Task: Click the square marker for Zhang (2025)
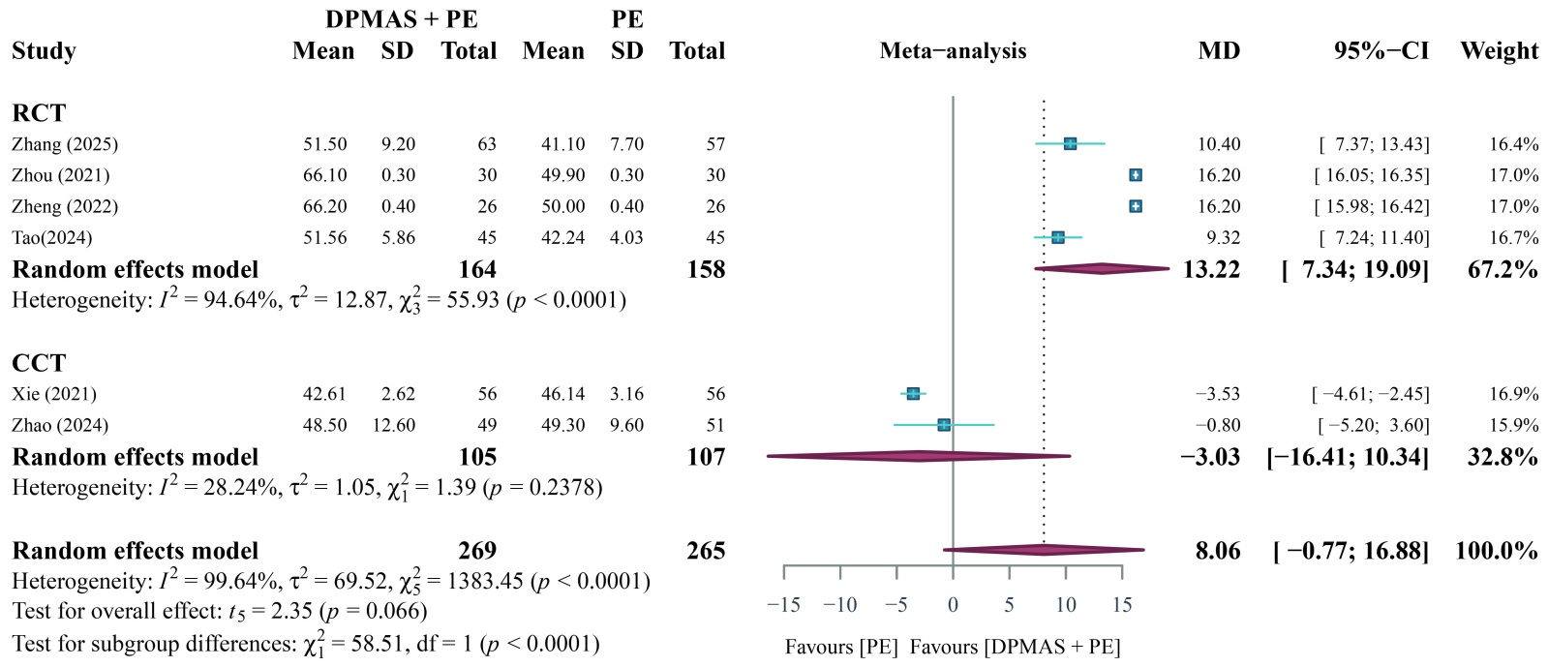1070,143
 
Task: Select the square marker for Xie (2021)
913,393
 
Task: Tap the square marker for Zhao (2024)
944,424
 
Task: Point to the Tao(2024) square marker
1058,237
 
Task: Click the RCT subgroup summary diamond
1102,268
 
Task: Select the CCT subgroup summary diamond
919,456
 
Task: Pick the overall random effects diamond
1044,550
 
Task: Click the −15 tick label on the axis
783,605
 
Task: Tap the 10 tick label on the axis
1065,605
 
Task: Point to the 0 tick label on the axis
953,605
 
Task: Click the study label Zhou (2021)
61,175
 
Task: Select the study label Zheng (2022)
65,206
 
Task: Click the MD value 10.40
1218,144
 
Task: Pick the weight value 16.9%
1513,394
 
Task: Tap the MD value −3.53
1217,394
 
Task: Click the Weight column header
1499,50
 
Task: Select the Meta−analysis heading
953,50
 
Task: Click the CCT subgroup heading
39,363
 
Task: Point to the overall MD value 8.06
1217,551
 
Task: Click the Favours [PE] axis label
841,647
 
